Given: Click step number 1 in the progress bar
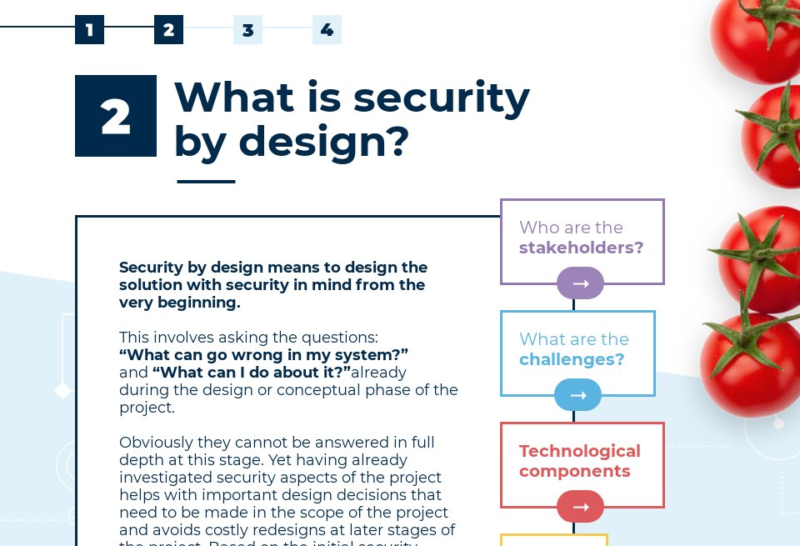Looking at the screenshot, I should tap(89, 30).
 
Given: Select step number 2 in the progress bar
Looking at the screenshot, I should tap(168, 30).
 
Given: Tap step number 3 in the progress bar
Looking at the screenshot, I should tap(247, 30).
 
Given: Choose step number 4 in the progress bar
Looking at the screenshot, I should tap(327, 30).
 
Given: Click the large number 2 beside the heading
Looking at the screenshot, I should tap(116, 116).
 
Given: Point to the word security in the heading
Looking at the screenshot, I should tap(441, 98).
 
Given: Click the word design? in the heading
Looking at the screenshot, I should tap(324, 141).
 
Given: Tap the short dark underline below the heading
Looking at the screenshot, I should tap(206, 181).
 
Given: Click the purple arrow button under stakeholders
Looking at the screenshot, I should tap(580, 283).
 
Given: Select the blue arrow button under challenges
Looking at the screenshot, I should tap(577, 395).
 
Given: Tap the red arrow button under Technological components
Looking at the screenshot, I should tap(580, 507).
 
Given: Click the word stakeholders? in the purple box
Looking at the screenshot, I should tap(581, 248).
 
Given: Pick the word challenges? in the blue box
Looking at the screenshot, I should tap(572, 359).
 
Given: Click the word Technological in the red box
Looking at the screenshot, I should tap(579, 451).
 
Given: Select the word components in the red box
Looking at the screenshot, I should tap(574, 471).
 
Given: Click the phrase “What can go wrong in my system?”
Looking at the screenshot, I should tap(263, 354).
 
